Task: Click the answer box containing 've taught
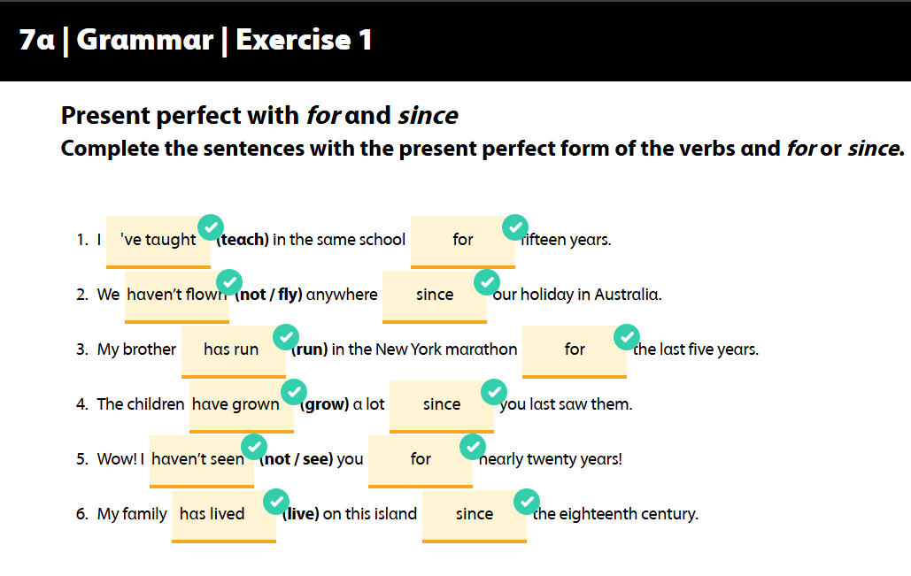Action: click(158, 242)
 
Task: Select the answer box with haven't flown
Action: click(177, 296)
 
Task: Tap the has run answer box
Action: click(234, 352)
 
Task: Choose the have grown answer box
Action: click(242, 406)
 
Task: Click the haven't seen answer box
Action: click(202, 462)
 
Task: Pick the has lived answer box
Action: click(224, 516)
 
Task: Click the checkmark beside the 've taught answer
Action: click(211, 227)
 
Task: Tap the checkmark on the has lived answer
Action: click(276, 502)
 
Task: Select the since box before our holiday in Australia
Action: click(435, 296)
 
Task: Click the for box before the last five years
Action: click(575, 352)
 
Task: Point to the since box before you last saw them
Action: click(442, 406)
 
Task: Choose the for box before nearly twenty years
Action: click(421, 462)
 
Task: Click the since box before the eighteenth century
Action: click(475, 516)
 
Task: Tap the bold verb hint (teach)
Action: click(243, 240)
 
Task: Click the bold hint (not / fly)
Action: click(268, 295)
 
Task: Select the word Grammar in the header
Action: click(144, 40)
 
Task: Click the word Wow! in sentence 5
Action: click(117, 459)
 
